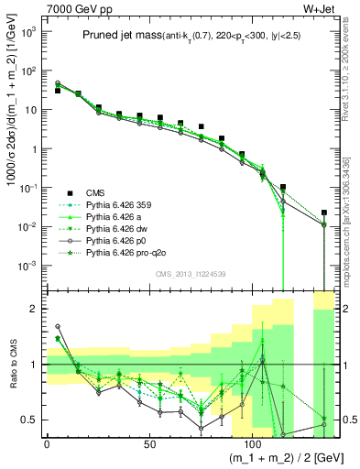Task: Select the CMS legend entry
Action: coord(96,191)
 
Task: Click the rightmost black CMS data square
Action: coord(324,213)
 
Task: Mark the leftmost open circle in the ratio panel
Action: coord(58,326)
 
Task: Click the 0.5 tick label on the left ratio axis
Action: coord(31,420)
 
